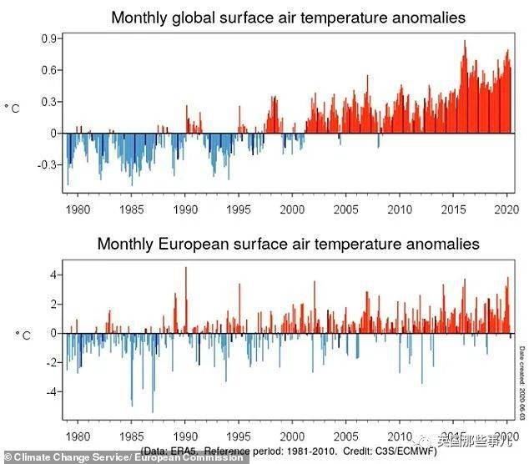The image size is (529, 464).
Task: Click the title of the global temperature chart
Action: [x=288, y=18]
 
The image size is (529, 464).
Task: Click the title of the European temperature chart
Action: [x=288, y=245]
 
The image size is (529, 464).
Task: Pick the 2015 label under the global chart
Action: [x=453, y=209]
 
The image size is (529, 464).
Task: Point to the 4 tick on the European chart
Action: [x=54, y=275]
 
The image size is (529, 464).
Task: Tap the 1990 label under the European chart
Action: [x=185, y=436]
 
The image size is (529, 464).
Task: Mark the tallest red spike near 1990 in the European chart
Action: [x=186, y=269]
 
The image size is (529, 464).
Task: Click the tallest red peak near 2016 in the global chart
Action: [x=465, y=42]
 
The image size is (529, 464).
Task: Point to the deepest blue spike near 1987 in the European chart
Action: [x=153, y=411]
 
